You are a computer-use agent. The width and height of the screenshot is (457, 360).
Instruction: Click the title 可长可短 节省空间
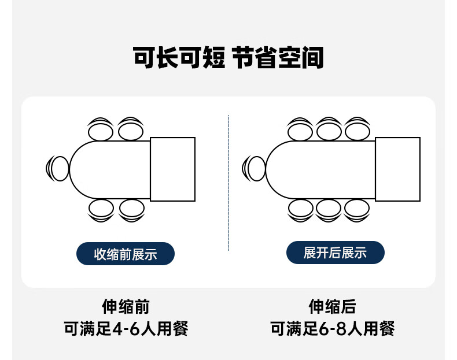tap(228, 59)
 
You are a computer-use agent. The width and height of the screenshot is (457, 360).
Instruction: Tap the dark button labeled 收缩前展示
tap(126, 254)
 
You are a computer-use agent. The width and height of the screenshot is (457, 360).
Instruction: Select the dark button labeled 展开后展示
tap(335, 253)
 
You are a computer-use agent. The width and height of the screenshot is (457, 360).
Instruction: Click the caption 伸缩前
tap(126, 306)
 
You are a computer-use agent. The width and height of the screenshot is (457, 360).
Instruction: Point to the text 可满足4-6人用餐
tap(126, 329)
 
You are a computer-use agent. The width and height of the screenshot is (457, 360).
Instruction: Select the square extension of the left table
tap(172, 169)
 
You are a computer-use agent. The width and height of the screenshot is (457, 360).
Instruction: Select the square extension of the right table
tap(397, 169)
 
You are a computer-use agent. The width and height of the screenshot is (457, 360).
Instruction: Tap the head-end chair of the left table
tap(58, 169)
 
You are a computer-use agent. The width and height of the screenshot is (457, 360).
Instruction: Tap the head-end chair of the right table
tap(254, 169)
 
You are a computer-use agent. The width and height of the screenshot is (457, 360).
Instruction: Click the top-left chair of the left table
tap(101, 129)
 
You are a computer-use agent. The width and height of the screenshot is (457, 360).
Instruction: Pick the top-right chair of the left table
tap(131, 129)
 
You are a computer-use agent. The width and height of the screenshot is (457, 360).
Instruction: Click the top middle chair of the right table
tap(328, 129)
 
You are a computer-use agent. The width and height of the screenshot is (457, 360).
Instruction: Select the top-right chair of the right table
tap(357, 129)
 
